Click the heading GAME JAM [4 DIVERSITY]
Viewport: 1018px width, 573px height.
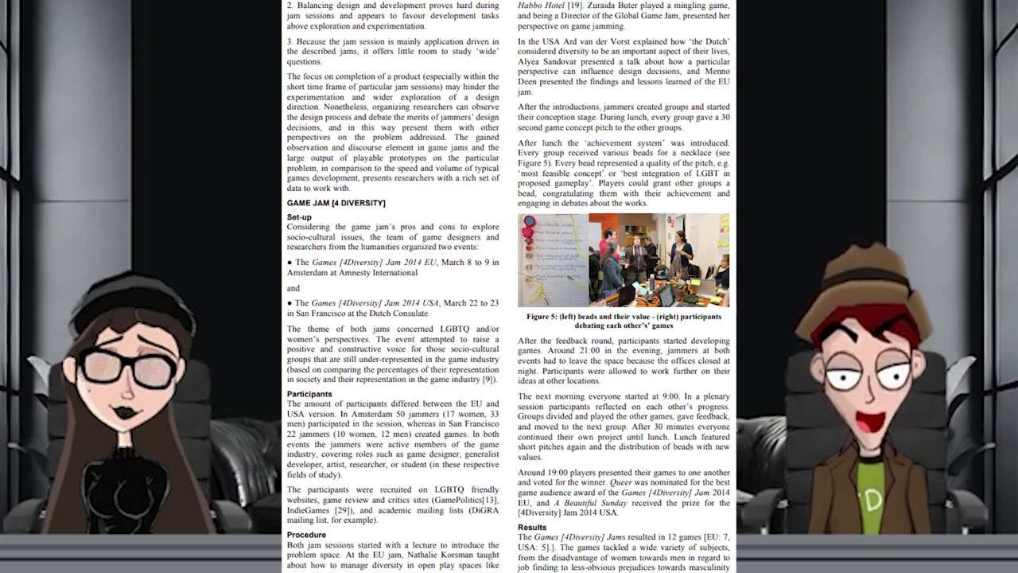(336, 203)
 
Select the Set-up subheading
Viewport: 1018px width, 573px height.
(299, 217)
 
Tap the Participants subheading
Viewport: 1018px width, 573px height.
(309, 394)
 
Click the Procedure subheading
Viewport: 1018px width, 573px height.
(306, 535)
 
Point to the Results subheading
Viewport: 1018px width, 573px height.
(532, 527)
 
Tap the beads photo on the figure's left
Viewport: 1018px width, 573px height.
(553, 260)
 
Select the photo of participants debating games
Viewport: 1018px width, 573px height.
(659, 260)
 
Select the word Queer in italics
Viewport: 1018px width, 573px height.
(620, 482)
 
